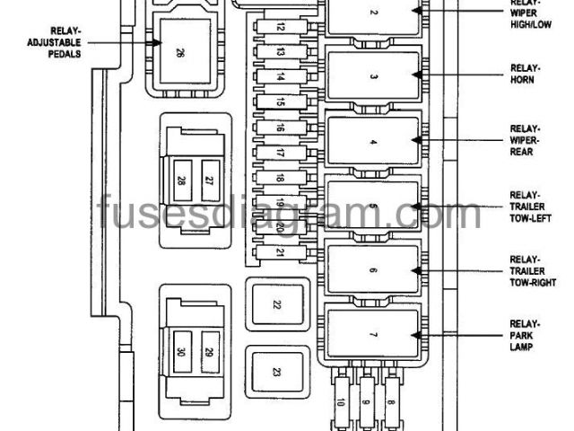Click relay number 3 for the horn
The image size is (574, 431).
(374, 78)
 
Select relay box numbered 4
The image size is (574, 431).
(374, 143)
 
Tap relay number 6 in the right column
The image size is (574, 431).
(374, 269)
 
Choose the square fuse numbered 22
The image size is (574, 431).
(276, 305)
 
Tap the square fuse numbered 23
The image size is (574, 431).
(276, 371)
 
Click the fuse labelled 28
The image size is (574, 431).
(182, 180)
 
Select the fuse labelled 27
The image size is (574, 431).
(209, 180)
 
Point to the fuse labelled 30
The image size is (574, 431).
(182, 352)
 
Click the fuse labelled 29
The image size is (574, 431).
(209, 352)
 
